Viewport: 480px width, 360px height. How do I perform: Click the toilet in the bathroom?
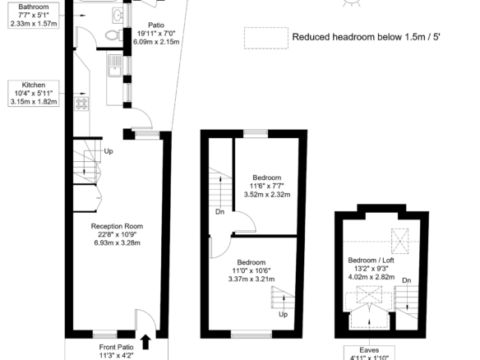pos(113,35)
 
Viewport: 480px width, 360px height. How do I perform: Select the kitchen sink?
pos(115,66)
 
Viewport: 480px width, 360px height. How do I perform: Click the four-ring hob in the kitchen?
pos(81,104)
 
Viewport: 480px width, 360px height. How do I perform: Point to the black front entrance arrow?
pos(145,342)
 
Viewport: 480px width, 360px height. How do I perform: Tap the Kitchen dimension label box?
pos(34,94)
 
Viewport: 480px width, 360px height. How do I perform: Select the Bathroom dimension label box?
pos(34,15)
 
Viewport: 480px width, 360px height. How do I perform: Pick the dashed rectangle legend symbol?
pos(266,38)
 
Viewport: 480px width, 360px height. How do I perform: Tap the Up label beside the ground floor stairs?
pos(108,151)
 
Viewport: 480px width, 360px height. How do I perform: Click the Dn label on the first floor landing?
pos(219,212)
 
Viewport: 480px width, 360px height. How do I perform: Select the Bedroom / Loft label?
pos(371,261)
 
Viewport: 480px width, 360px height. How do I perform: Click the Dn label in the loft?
pos(407,280)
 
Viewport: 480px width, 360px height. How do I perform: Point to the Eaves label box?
pos(369,353)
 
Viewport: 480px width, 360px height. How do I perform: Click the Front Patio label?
pos(117,347)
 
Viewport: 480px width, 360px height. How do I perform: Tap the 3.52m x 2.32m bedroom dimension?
pos(267,195)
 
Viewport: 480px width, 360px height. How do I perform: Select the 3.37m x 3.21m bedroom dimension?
pos(252,279)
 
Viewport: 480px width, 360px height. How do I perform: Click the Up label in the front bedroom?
pos(284,315)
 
